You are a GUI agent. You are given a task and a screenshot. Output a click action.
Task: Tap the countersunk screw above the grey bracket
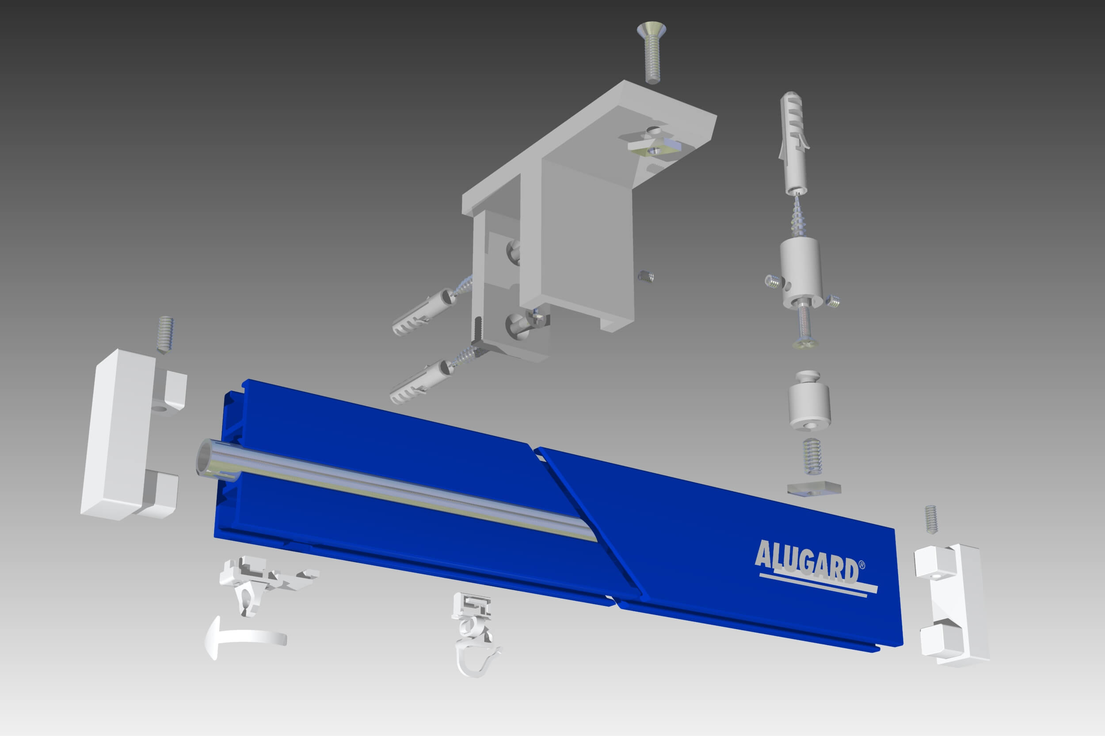651,51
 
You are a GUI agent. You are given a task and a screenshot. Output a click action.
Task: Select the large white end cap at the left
133,434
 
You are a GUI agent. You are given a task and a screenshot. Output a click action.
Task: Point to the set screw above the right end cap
930,519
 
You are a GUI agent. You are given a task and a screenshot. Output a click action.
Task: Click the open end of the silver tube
207,457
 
